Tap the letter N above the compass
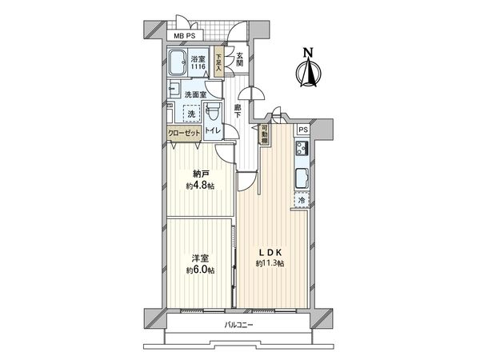(x=306, y=54)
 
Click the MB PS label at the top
(x=188, y=35)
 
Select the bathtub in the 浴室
(x=178, y=63)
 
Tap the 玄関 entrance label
(x=239, y=59)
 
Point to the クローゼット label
(x=185, y=135)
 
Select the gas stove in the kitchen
(x=301, y=149)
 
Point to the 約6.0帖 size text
(x=201, y=270)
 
